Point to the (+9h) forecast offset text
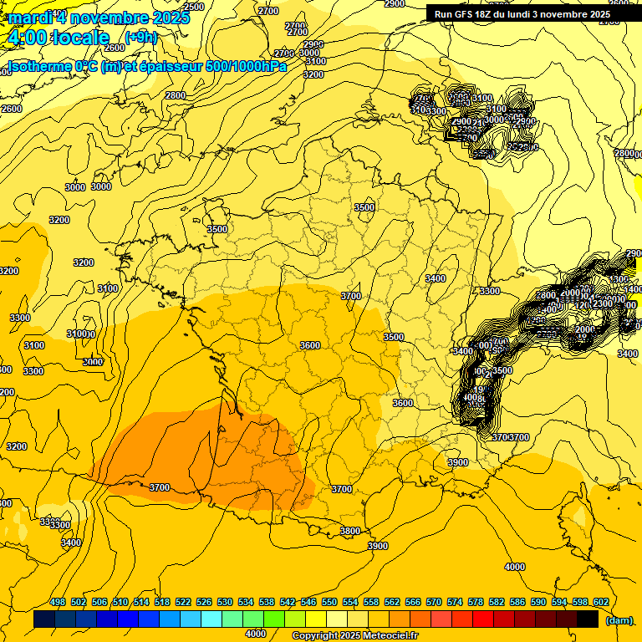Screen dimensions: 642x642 click(x=140, y=38)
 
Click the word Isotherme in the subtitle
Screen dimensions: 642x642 click(x=38, y=66)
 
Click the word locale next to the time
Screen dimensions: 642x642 click(x=81, y=38)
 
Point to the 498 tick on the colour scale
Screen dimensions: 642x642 click(x=58, y=603)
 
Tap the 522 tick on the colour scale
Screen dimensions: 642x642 click(x=183, y=603)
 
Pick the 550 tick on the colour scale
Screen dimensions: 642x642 click(x=329, y=603)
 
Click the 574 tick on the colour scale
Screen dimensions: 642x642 click(x=455, y=603)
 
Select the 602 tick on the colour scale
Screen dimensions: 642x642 click(x=600, y=603)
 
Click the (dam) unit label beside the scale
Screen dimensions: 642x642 click(x=619, y=620)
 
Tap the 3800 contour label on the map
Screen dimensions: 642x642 click(x=350, y=531)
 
